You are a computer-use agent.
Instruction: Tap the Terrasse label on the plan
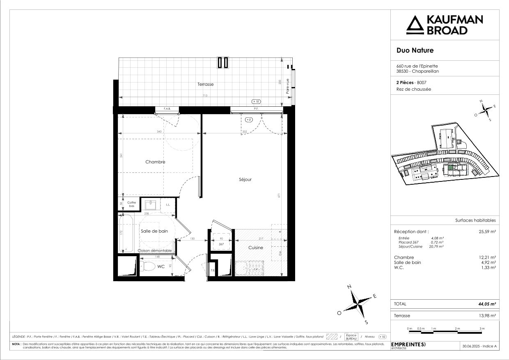point(205,84)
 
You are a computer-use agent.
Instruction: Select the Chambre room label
point(155,162)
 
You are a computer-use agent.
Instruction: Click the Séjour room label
point(245,179)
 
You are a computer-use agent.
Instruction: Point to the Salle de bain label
point(154,231)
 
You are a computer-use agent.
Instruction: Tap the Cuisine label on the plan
point(256,248)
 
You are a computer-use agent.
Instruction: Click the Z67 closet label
point(221,244)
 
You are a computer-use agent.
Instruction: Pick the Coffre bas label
point(131,204)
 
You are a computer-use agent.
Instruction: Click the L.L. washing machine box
point(168,204)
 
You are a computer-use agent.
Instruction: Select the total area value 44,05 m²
point(488,304)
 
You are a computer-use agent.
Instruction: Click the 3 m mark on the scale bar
point(482,329)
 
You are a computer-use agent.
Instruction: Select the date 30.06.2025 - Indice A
point(479,346)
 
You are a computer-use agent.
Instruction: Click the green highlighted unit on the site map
point(450,167)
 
